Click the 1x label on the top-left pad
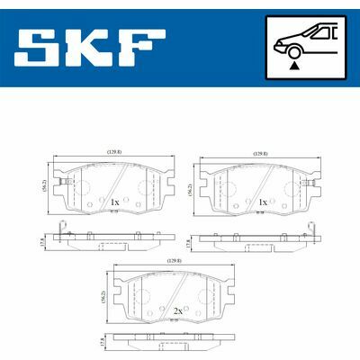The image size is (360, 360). tap(113, 202)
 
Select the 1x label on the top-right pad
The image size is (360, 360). tap(262, 202)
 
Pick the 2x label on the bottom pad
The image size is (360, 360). tap(179, 310)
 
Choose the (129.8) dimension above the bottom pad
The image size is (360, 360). tap(173, 261)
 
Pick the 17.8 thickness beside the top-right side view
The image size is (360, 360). tap(187, 243)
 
